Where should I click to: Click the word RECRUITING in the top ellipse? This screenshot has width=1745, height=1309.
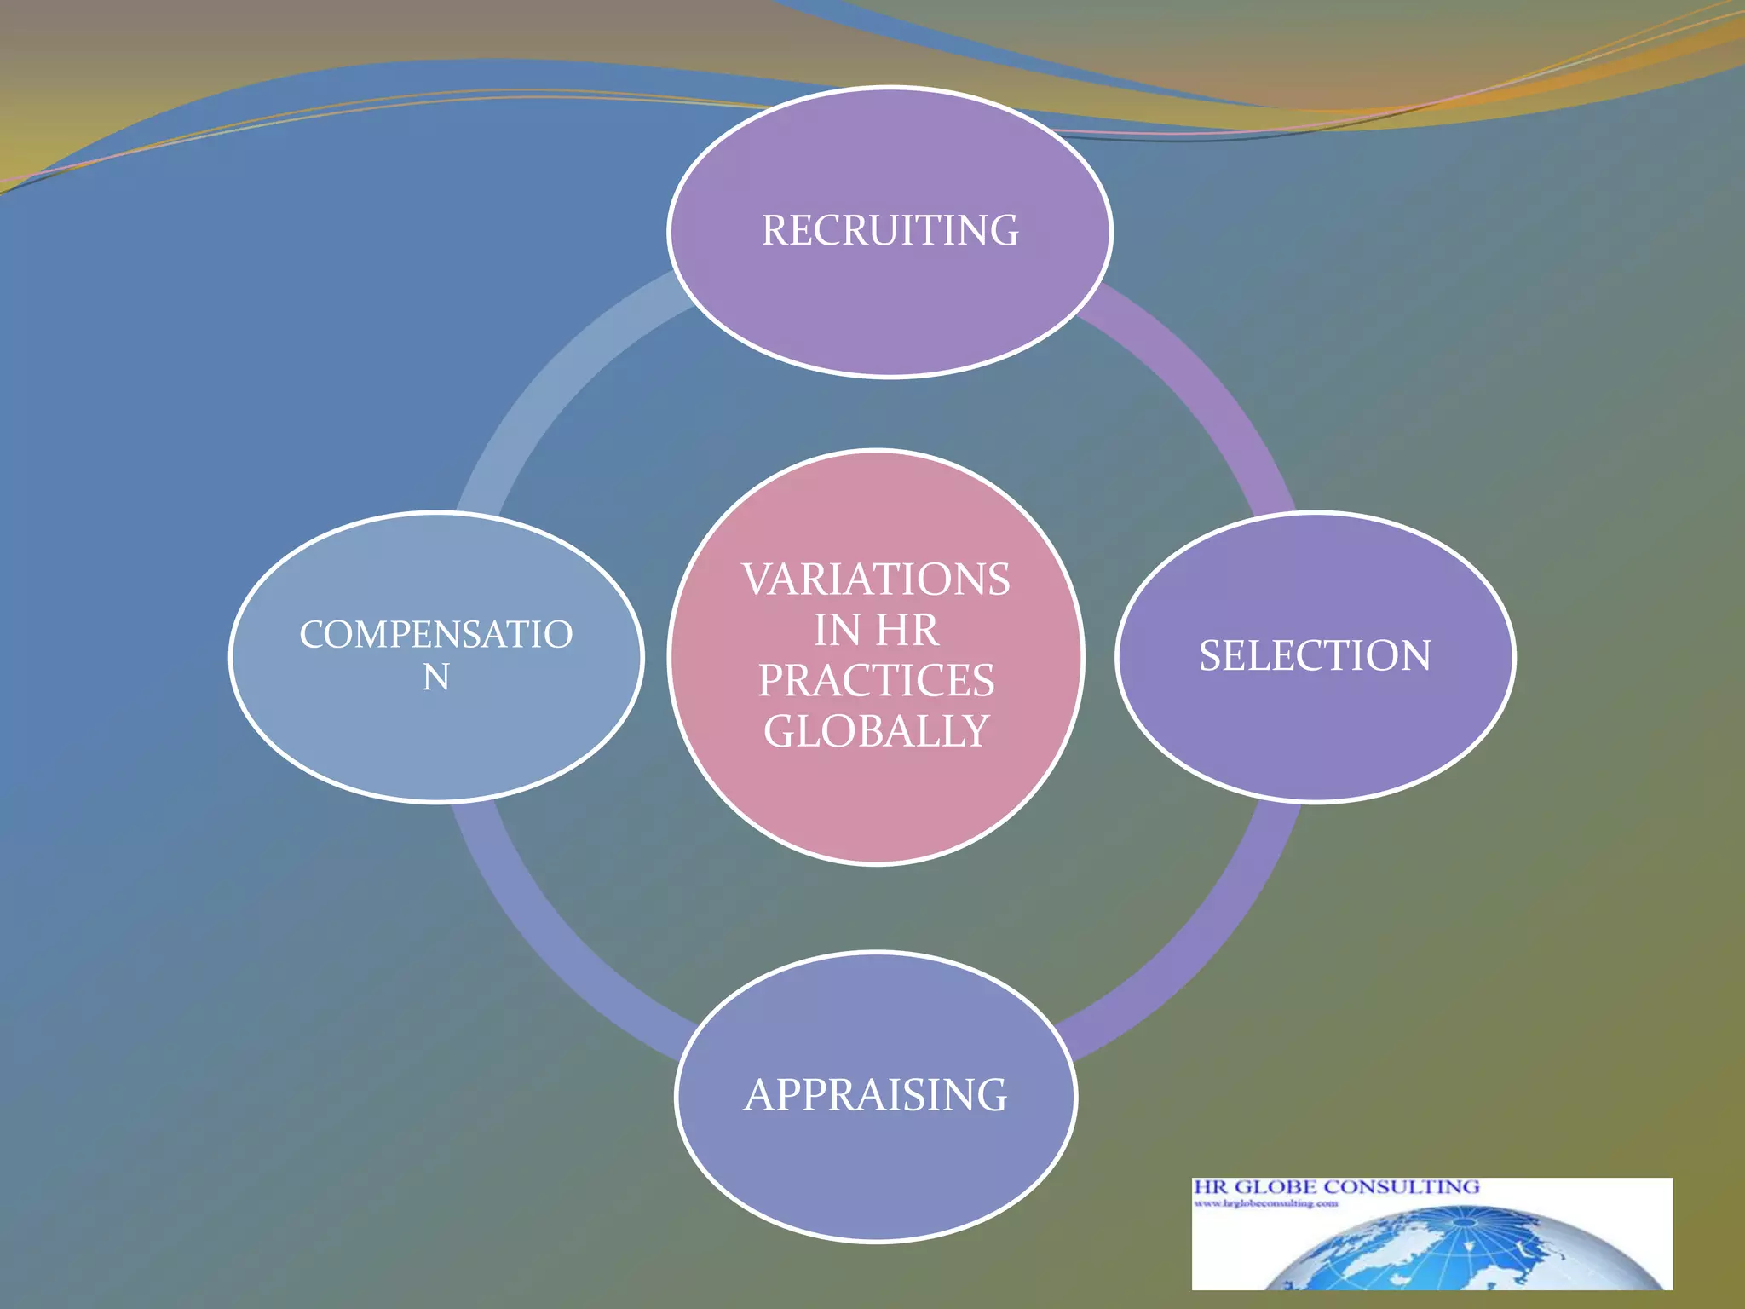pyautogui.click(x=890, y=231)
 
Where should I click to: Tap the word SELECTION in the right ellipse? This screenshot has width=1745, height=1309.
pyautogui.click(x=1315, y=656)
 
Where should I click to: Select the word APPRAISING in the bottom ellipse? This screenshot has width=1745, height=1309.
pyautogui.click(x=875, y=1096)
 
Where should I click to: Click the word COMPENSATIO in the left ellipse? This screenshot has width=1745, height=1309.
pyautogui.click(x=435, y=635)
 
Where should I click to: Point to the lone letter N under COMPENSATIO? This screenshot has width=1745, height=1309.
pyautogui.click(x=435, y=678)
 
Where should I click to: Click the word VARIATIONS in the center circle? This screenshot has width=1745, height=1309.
pyautogui.click(x=876, y=580)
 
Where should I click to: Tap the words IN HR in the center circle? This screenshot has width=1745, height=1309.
pyautogui.click(x=876, y=631)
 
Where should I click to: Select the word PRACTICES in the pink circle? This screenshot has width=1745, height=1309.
pyautogui.click(x=876, y=681)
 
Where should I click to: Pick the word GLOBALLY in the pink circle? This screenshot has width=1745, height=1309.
pyautogui.click(x=876, y=731)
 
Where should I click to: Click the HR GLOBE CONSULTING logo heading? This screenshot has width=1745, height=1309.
pyautogui.click(x=1335, y=1187)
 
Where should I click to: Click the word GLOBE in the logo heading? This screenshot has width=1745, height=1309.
pyautogui.click(x=1276, y=1187)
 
